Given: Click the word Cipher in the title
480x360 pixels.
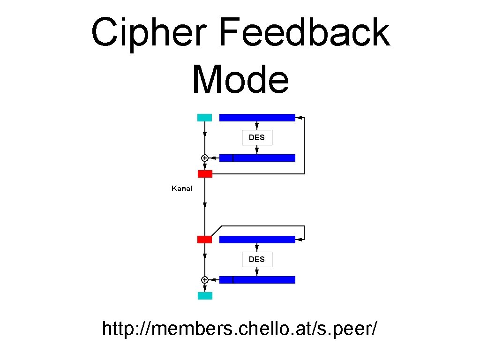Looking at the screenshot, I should [x=149, y=33].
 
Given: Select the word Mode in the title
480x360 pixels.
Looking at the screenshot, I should [x=240, y=79].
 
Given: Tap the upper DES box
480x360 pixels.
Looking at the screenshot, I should [x=257, y=137].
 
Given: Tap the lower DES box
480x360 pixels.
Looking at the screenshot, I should [x=257, y=259].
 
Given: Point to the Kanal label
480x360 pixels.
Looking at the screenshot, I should [x=181, y=188].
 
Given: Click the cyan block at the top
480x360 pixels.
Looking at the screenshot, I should [x=204, y=118].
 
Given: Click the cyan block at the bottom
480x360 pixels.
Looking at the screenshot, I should [x=205, y=296].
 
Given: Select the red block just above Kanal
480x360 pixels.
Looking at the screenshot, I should [x=205, y=174].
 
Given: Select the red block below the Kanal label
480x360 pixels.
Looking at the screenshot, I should [x=204, y=240].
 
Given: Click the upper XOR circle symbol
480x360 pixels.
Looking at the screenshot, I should [x=204, y=158].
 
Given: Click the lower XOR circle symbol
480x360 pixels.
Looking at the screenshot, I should [x=204, y=280].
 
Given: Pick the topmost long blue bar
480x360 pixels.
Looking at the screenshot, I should [x=257, y=118].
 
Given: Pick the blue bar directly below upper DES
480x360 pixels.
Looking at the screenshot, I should [x=257, y=158].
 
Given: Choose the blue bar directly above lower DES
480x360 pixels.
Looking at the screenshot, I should [x=257, y=240].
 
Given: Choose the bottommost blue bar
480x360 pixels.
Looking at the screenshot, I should [x=257, y=280].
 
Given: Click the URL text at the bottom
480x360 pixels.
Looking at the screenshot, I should [x=240, y=329].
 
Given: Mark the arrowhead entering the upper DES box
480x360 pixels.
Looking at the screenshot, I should [x=257, y=127].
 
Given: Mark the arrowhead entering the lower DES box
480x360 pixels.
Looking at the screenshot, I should [x=257, y=248].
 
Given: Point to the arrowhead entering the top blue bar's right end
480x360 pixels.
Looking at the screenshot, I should [x=298, y=118].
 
